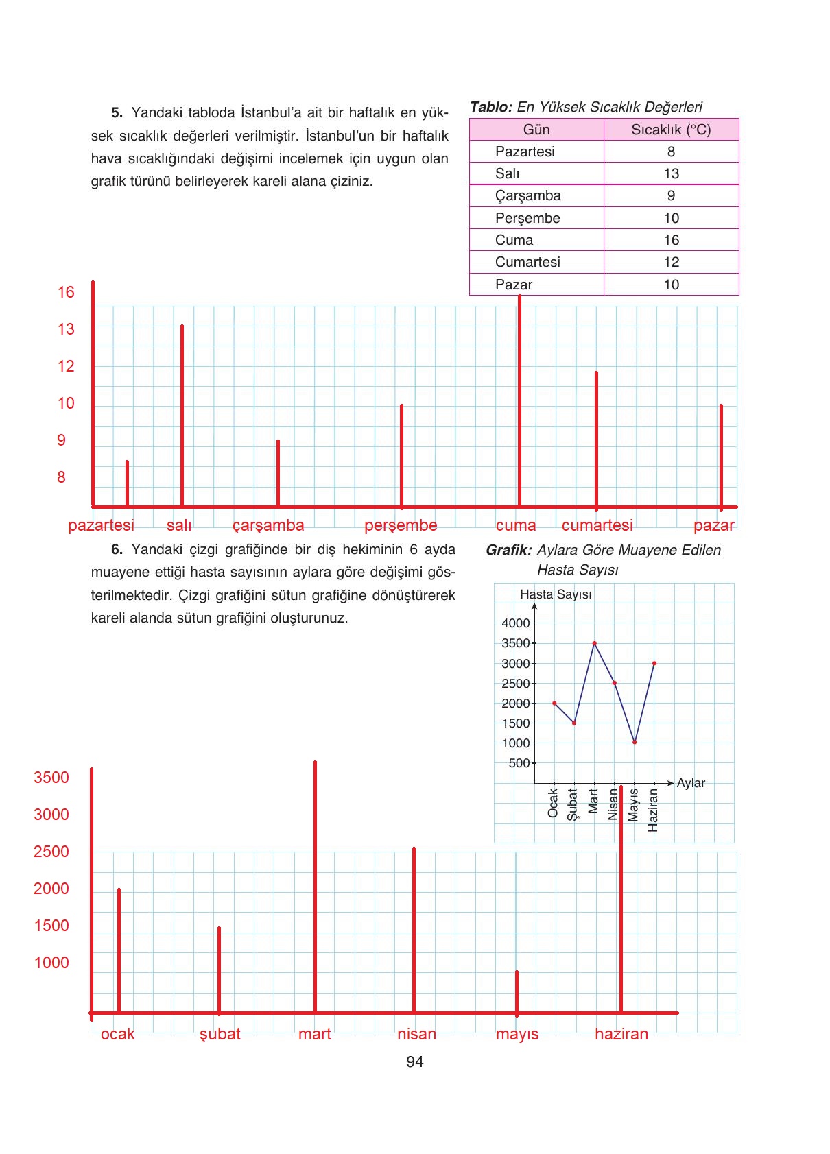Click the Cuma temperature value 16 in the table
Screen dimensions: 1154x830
[671, 240]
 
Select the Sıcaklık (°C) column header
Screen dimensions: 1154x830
[671, 130]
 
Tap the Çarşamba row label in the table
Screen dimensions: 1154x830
[527, 196]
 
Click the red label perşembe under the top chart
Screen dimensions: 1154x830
[401, 526]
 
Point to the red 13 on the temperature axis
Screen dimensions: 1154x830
[66, 330]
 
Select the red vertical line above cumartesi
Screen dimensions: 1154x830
[596, 439]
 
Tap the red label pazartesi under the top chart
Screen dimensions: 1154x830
[101, 526]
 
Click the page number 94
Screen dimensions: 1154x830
[414, 1062]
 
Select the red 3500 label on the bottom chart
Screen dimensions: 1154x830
[51, 778]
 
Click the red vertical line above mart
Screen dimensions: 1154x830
[315, 885]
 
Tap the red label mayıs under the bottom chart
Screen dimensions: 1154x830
[517, 1035]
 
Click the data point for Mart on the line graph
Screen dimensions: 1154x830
[594, 643]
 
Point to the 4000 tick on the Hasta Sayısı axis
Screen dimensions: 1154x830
[516, 623]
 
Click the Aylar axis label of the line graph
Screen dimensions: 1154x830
[690, 783]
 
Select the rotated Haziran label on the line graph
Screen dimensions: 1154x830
[653, 810]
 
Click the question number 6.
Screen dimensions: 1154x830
[117, 549]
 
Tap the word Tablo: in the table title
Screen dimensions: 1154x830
[491, 107]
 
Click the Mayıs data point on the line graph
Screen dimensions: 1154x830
[635, 742]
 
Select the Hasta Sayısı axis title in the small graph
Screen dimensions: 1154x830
[556, 594]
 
